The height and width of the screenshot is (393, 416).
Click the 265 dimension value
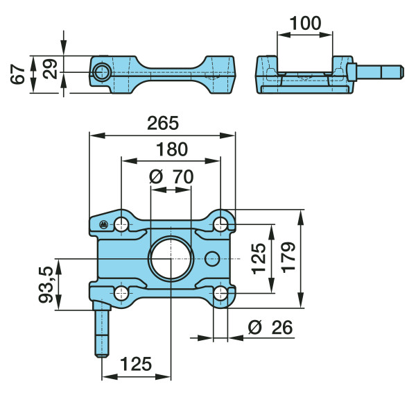(x=163, y=124)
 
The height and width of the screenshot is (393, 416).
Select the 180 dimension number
(x=172, y=149)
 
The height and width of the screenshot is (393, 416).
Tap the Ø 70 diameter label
(x=171, y=176)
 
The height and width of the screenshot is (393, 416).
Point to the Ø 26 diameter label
(x=270, y=327)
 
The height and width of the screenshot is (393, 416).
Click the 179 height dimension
(x=288, y=257)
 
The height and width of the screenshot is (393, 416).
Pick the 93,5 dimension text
(x=46, y=285)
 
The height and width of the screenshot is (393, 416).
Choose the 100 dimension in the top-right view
(x=305, y=23)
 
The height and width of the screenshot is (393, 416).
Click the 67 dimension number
(x=18, y=74)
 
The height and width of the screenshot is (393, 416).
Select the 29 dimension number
(x=51, y=69)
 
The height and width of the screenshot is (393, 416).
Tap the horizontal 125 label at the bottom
(x=136, y=364)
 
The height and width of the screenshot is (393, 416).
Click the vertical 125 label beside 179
(x=259, y=258)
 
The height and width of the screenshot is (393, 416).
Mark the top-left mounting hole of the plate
(x=121, y=224)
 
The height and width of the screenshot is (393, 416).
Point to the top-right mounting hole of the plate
(x=220, y=224)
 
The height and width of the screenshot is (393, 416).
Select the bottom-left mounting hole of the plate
(x=121, y=294)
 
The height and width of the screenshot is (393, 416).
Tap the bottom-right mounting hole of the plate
(x=220, y=294)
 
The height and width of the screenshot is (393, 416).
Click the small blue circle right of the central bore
(x=212, y=258)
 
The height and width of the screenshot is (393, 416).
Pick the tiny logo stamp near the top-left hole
(x=103, y=224)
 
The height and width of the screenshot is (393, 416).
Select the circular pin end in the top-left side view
(x=102, y=72)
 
